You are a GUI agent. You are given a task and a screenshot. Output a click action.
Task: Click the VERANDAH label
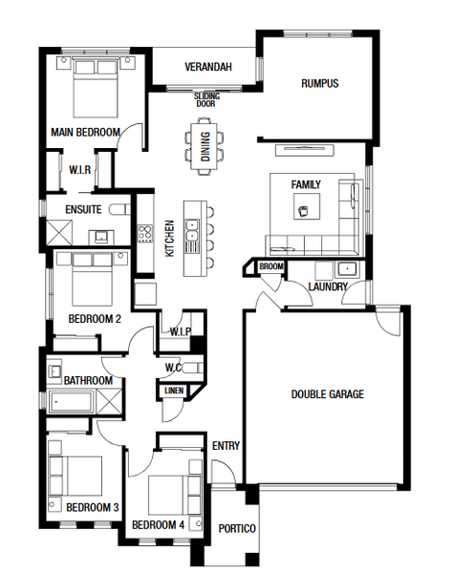click(x=208, y=67)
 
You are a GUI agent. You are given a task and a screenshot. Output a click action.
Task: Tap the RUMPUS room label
click(x=320, y=83)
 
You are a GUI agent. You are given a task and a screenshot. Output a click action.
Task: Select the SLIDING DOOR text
click(x=206, y=99)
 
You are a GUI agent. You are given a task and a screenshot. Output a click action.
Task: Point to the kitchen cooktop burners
click(x=144, y=234)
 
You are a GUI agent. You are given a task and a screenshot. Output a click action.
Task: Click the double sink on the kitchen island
click(x=192, y=230)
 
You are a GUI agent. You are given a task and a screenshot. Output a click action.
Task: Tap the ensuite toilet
click(x=119, y=209)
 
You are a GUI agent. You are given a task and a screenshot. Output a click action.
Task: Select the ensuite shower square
click(x=59, y=232)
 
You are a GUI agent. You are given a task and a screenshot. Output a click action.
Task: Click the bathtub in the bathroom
click(x=70, y=402)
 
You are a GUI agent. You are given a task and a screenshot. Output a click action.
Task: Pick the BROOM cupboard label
click(x=271, y=266)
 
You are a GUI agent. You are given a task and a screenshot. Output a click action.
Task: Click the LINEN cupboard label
click(x=174, y=391)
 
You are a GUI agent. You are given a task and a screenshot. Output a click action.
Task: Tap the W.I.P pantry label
click(x=181, y=331)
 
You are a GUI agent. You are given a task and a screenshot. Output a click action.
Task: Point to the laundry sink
click(x=347, y=269)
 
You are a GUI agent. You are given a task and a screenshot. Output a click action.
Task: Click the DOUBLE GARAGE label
click(x=328, y=394)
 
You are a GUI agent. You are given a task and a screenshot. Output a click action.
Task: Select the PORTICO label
click(x=237, y=529)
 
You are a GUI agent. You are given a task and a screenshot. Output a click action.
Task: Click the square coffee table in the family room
click(x=307, y=206)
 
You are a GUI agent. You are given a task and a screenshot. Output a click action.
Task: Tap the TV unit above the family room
click(x=305, y=150)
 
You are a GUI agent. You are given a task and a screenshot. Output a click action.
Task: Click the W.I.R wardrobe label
click(x=80, y=170)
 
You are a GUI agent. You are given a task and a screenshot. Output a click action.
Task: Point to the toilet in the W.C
click(x=192, y=368)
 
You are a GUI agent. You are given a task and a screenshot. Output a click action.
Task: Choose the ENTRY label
click(x=226, y=446)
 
